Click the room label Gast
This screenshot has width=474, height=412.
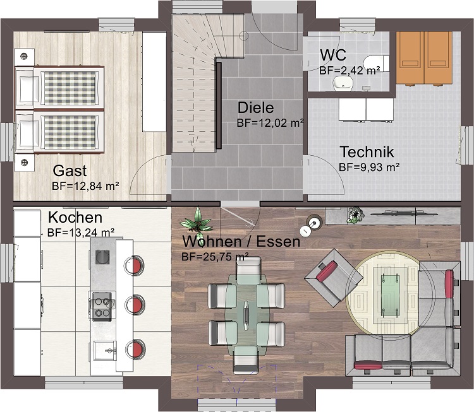70,171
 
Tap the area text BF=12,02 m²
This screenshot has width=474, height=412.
270,123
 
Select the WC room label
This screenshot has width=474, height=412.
333,56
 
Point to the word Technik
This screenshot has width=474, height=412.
367,152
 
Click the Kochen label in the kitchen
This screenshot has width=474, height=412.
75,217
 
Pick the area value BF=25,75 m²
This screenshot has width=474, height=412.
215,257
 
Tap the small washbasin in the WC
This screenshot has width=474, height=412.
344,83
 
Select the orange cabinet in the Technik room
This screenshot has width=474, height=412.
424,57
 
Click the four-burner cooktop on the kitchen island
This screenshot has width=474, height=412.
102,305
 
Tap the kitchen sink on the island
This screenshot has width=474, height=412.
104,350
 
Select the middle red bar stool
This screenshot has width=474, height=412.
134,304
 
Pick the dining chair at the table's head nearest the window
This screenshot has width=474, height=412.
246,360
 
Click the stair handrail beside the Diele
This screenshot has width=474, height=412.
219,105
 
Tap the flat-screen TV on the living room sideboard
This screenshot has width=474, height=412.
404,215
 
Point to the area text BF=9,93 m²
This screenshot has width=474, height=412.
370,167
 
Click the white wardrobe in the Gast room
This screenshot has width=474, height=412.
154,81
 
